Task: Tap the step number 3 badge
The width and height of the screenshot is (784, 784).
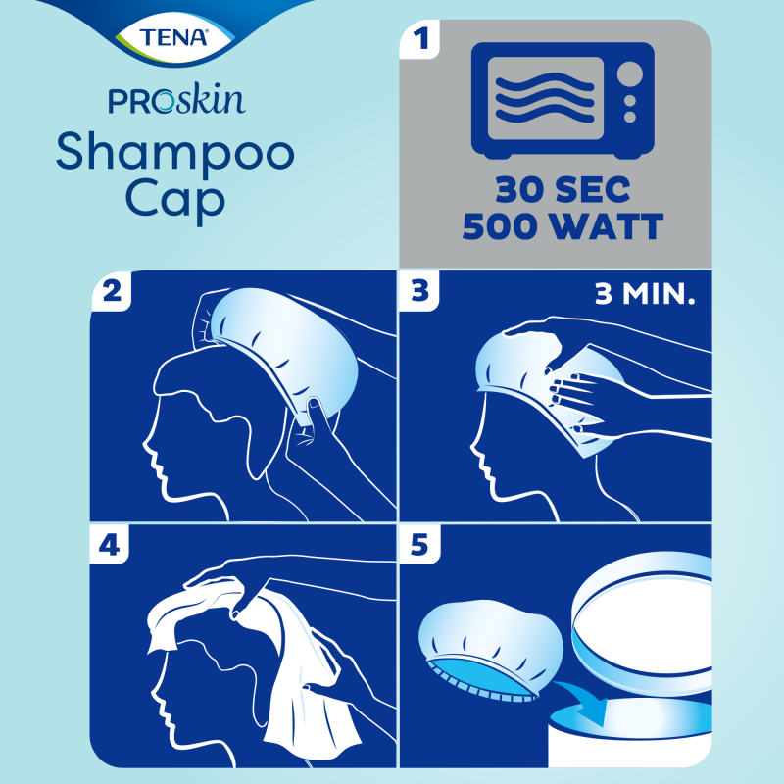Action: [x=423, y=293]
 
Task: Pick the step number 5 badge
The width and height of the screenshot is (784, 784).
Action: [x=423, y=546]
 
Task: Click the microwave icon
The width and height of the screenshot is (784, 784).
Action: [x=562, y=101]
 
